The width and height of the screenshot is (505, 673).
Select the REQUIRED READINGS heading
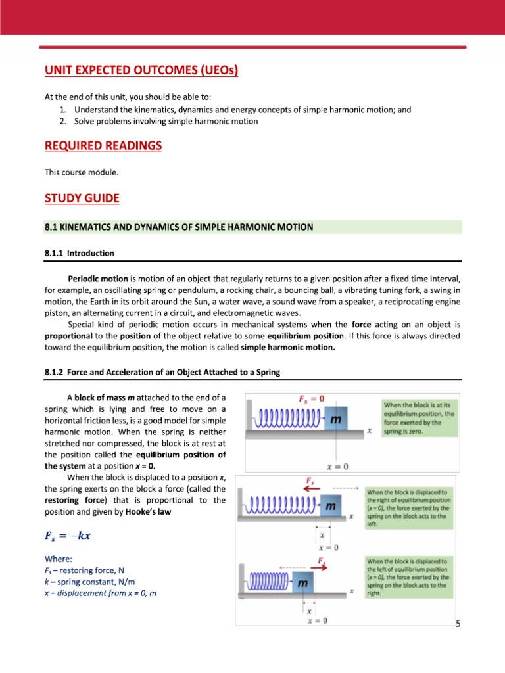pyautogui.click(x=103, y=145)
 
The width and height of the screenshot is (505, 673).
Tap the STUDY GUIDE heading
pyautogui.click(x=82, y=198)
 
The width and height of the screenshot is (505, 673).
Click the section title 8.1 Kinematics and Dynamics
pyautogui.click(x=179, y=227)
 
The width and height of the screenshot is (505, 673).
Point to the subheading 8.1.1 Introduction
pyautogui.click(x=80, y=253)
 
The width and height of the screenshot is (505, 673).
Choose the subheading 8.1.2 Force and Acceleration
pyautogui.click(x=162, y=372)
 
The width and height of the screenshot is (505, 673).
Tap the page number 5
pyautogui.click(x=458, y=622)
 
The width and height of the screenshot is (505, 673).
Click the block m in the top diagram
pyautogui.click(x=335, y=419)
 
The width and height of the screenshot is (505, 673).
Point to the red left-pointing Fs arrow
pyautogui.click(x=310, y=488)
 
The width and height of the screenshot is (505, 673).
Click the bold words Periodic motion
pyautogui.click(x=98, y=278)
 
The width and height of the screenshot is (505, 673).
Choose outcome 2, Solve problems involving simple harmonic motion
pyautogui.click(x=166, y=121)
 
